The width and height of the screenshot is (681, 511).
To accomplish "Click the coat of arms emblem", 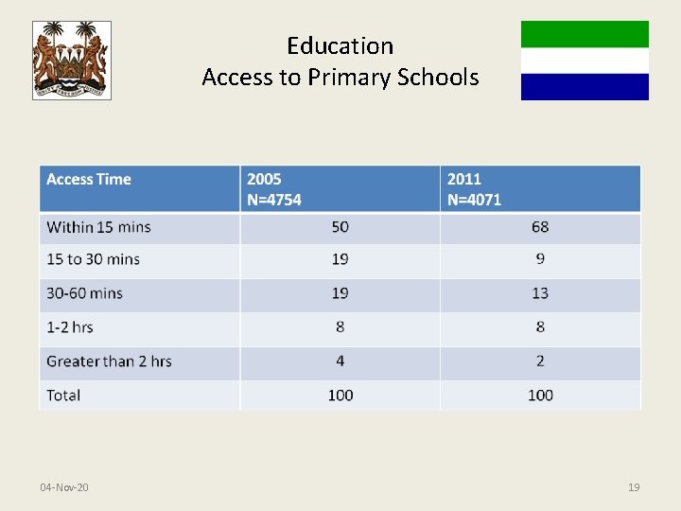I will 71,61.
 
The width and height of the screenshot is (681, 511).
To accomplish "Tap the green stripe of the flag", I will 585,34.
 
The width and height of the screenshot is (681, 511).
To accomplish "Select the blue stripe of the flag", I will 585,87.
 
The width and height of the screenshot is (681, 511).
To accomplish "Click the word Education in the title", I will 340,45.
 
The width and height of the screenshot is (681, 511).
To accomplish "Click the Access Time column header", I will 89,180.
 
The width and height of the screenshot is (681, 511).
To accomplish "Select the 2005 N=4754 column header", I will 274,189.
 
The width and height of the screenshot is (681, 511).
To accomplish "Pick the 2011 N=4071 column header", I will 474,189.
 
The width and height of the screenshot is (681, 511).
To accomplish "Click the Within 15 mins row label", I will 98,227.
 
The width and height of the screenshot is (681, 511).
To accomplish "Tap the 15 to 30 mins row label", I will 93,259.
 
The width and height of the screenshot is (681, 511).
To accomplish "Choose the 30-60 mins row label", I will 85,293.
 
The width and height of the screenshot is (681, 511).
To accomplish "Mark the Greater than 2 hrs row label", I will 109,361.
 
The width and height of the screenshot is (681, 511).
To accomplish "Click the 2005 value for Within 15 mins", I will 340,227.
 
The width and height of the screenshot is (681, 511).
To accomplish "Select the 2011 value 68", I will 540,227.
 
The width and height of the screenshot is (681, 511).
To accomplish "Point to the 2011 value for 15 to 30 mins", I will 540,259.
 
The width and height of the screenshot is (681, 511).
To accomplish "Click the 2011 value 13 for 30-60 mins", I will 540,293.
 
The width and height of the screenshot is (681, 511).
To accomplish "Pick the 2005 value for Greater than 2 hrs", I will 340,361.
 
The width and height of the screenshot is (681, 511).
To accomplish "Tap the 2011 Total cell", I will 540,396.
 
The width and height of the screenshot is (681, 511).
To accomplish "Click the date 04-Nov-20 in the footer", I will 64,487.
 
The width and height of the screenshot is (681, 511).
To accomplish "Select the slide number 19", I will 634,487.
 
